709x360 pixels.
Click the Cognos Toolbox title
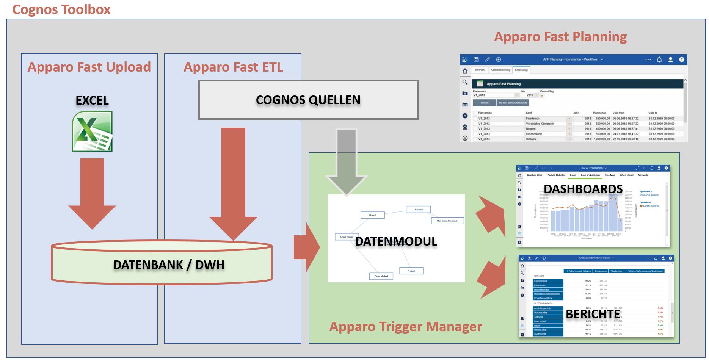[x=61, y=9]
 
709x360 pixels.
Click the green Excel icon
[x=93, y=131]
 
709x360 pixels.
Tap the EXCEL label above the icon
[x=92, y=100]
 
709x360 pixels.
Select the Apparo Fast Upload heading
[x=89, y=67]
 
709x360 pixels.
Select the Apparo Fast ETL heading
[x=233, y=67]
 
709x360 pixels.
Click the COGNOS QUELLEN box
[x=308, y=100]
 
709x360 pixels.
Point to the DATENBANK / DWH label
[x=169, y=265]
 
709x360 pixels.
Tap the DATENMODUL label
[x=396, y=241]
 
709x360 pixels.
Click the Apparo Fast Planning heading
[x=560, y=37]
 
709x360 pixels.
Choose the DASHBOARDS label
[x=583, y=189]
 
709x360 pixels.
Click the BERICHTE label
[x=593, y=314]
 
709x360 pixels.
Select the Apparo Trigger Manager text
[x=405, y=326]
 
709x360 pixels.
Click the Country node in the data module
[x=419, y=209]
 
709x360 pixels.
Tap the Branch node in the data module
[x=373, y=215]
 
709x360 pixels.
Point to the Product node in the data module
[x=411, y=271]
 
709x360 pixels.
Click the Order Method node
[x=381, y=276]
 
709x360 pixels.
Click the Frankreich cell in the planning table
[x=533, y=119]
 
